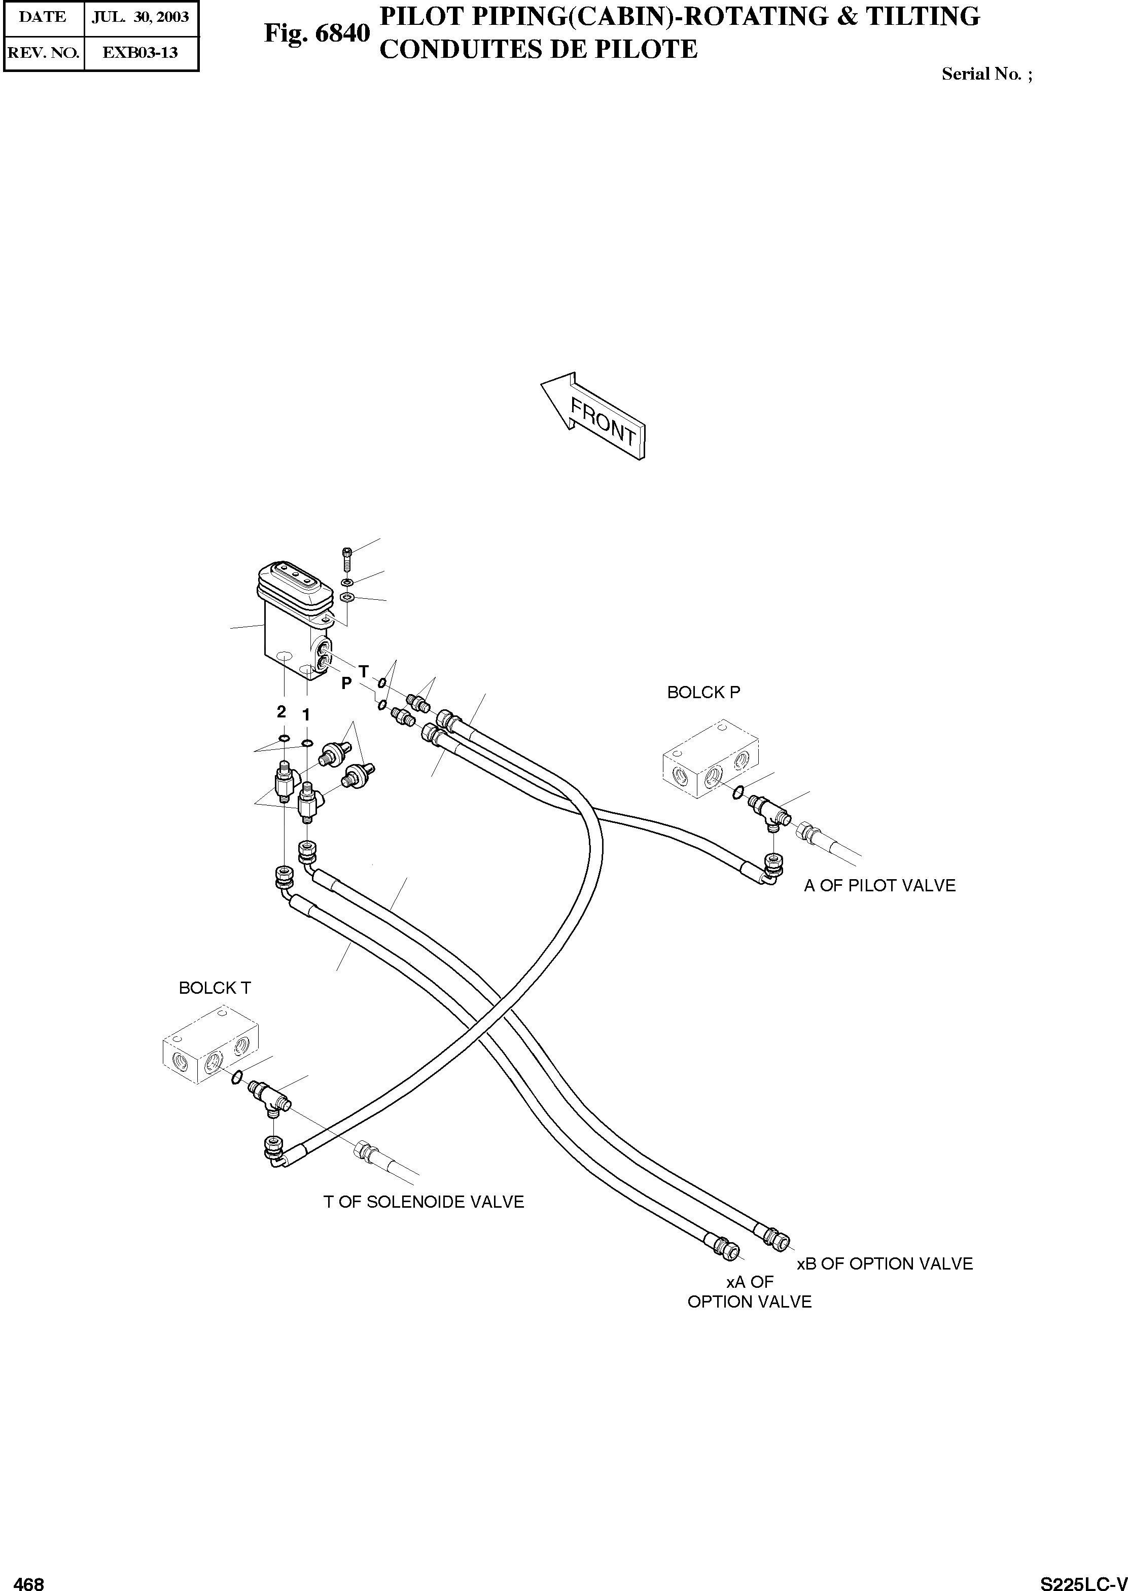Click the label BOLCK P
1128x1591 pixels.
point(703,692)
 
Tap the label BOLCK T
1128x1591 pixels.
point(215,988)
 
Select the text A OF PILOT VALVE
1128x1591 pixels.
point(879,885)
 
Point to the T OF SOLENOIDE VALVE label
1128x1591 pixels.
point(423,1201)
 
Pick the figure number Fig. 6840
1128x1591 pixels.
point(316,32)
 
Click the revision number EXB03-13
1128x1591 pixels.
point(140,52)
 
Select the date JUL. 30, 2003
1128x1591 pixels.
point(140,17)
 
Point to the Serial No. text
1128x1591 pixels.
point(986,74)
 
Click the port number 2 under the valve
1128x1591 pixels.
point(281,711)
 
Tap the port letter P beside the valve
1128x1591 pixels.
point(346,684)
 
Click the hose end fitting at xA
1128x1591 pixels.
point(726,1246)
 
